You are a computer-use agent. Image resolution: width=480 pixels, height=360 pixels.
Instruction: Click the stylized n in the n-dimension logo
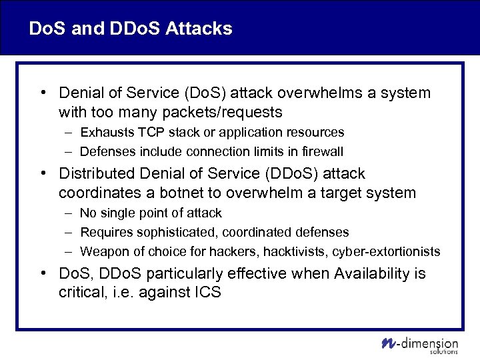389,343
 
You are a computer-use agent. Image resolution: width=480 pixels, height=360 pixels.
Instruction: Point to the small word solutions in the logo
445,351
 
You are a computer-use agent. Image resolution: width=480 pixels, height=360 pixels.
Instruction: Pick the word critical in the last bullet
81,293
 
